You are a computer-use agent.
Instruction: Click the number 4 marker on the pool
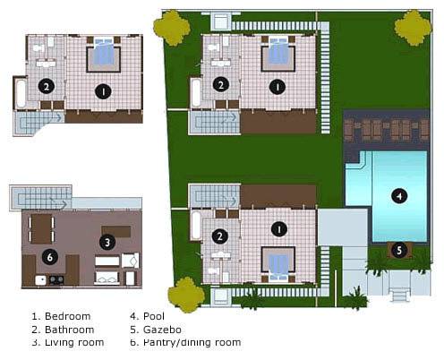click(399, 196)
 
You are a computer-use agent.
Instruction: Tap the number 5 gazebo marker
click(399, 251)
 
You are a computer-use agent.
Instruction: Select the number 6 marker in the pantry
click(50, 257)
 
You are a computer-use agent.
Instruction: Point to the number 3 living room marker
click(107, 243)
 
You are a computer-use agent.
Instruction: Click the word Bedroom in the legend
click(67, 316)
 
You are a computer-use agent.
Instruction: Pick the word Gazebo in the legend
click(162, 330)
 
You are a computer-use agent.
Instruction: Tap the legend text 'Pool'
click(154, 316)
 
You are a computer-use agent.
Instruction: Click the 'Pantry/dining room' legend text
click(192, 342)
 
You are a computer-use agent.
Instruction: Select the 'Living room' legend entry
click(74, 342)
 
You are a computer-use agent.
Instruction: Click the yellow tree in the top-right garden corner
click(414, 28)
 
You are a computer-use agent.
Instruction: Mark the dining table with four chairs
click(41, 229)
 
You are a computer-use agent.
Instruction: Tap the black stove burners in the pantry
click(56, 279)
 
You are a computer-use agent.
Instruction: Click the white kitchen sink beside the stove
click(41, 280)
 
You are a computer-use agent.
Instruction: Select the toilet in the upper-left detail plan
click(38, 47)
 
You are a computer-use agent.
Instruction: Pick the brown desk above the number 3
click(116, 231)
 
